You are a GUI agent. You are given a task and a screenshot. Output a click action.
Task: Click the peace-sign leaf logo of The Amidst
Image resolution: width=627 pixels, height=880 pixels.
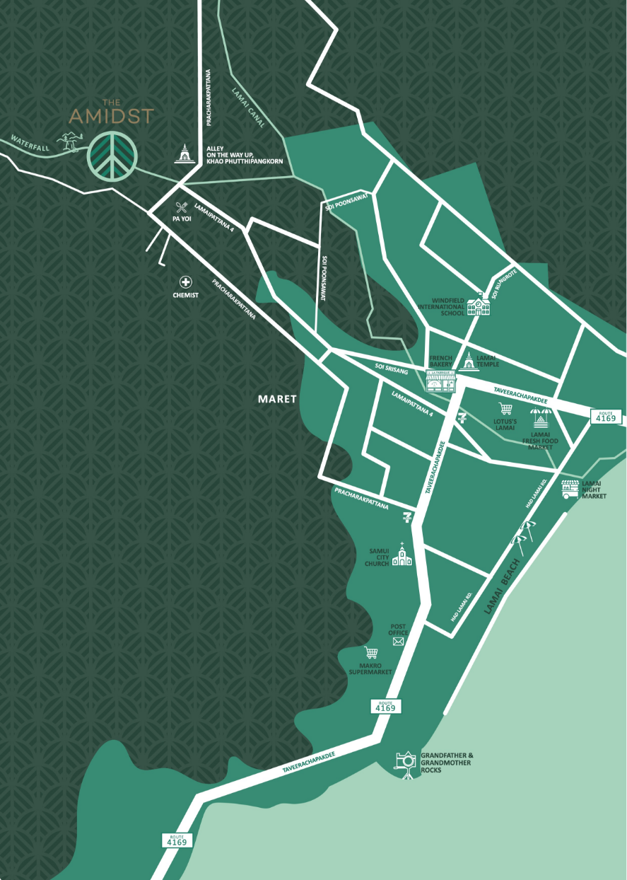tap(110, 156)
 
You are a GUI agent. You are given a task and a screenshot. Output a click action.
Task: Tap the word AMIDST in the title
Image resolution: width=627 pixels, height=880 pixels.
tap(111, 116)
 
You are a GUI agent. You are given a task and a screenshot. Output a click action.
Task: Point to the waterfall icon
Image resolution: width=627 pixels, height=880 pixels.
tap(69, 141)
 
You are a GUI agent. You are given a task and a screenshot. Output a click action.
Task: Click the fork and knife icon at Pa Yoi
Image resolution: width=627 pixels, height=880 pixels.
tap(182, 208)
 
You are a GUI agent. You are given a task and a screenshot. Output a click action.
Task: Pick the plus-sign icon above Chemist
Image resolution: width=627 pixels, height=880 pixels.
tap(186, 282)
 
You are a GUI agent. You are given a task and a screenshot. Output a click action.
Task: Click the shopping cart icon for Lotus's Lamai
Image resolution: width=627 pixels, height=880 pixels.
tap(505, 409)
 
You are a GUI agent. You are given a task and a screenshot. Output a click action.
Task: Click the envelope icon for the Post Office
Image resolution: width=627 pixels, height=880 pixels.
tap(398, 642)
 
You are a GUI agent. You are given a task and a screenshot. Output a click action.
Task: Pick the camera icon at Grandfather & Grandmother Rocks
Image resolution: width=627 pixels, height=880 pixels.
tap(406, 763)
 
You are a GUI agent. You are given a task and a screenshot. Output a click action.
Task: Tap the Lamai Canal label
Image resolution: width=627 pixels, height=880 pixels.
tap(247, 108)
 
